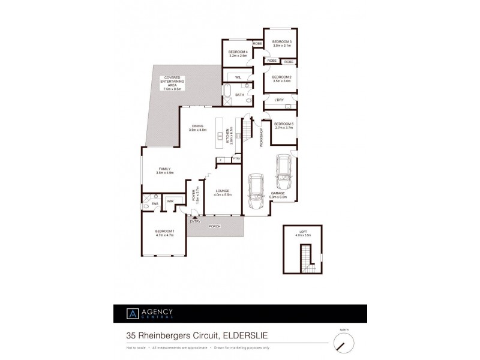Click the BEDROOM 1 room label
[164, 233]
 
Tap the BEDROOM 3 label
[281, 43]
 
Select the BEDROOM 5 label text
[283, 125]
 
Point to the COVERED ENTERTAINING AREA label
[172, 83]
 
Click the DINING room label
[197, 128]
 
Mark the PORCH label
[214, 226]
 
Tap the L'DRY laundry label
[278, 100]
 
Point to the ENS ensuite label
[154, 204]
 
